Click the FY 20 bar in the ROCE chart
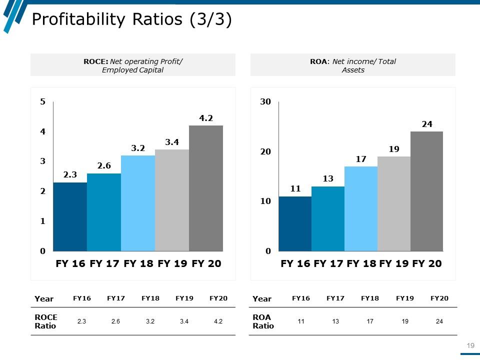[x=206, y=188]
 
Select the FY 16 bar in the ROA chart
[x=295, y=223]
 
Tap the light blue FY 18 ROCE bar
[x=138, y=203]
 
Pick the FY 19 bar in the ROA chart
[x=394, y=203]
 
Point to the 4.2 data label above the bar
[x=206, y=118]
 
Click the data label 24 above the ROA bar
[x=426, y=124]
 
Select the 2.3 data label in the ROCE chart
[x=70, y=175]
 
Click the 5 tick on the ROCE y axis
[x=43, y=102]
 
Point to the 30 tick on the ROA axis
[x=265, y=102]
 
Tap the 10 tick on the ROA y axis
[x=265, y=201]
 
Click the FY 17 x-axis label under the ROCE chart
[x=104, y=263]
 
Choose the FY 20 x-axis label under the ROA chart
[x=427, y=263]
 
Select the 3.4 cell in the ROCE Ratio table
[x=184, y=321]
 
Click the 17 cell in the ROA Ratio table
[x=370, y=321]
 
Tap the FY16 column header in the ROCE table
[x=82, y=298]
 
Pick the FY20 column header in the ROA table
[x=439, y=298]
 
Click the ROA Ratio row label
[x=263, y=321]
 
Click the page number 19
[x=470, y=345]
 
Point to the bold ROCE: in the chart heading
[x=95, y=61]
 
